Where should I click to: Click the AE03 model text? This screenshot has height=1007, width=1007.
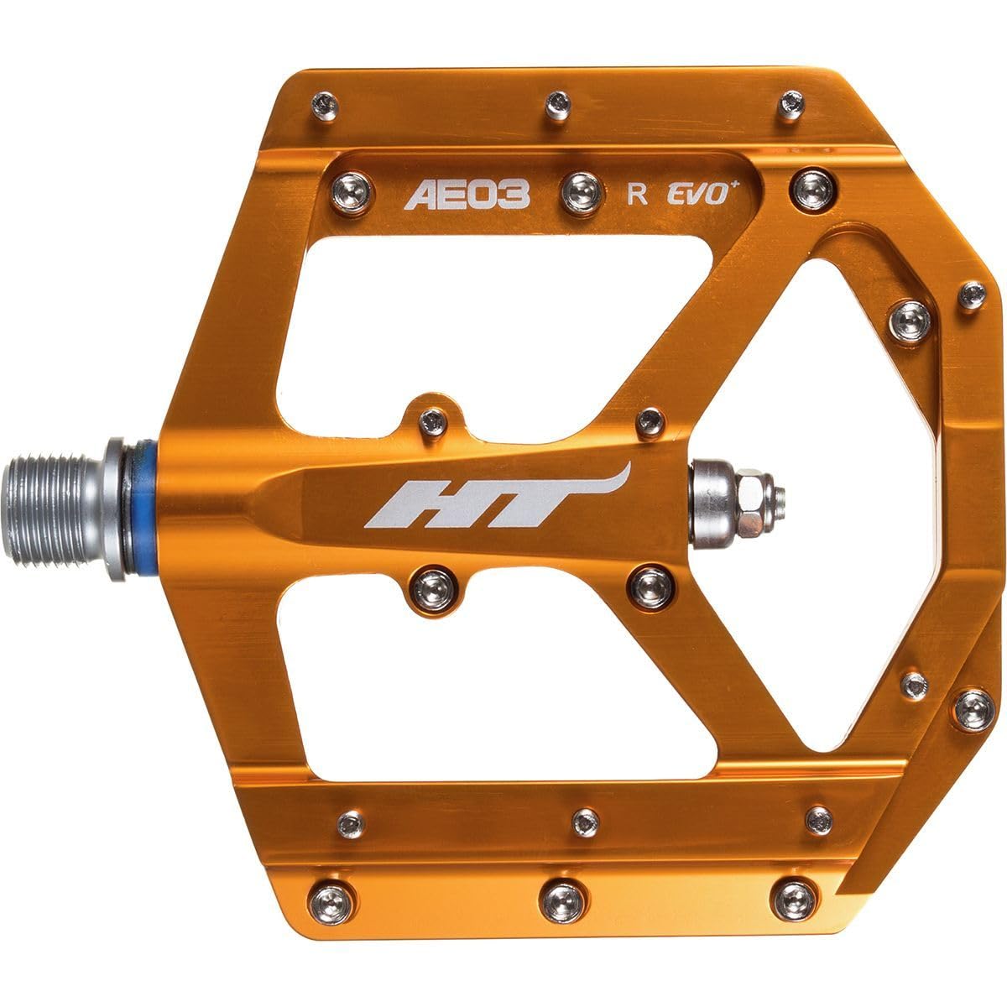(x=468, y=196)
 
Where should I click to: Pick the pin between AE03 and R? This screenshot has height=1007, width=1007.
(x=578, y=195)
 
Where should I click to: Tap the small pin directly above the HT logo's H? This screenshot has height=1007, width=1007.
(x=433, y=421)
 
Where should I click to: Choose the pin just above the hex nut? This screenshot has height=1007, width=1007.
(x=650, y=423)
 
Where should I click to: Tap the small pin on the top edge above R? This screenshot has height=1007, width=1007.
(x=556, y=104)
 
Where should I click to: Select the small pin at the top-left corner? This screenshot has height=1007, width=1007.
(x=325, y=106)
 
